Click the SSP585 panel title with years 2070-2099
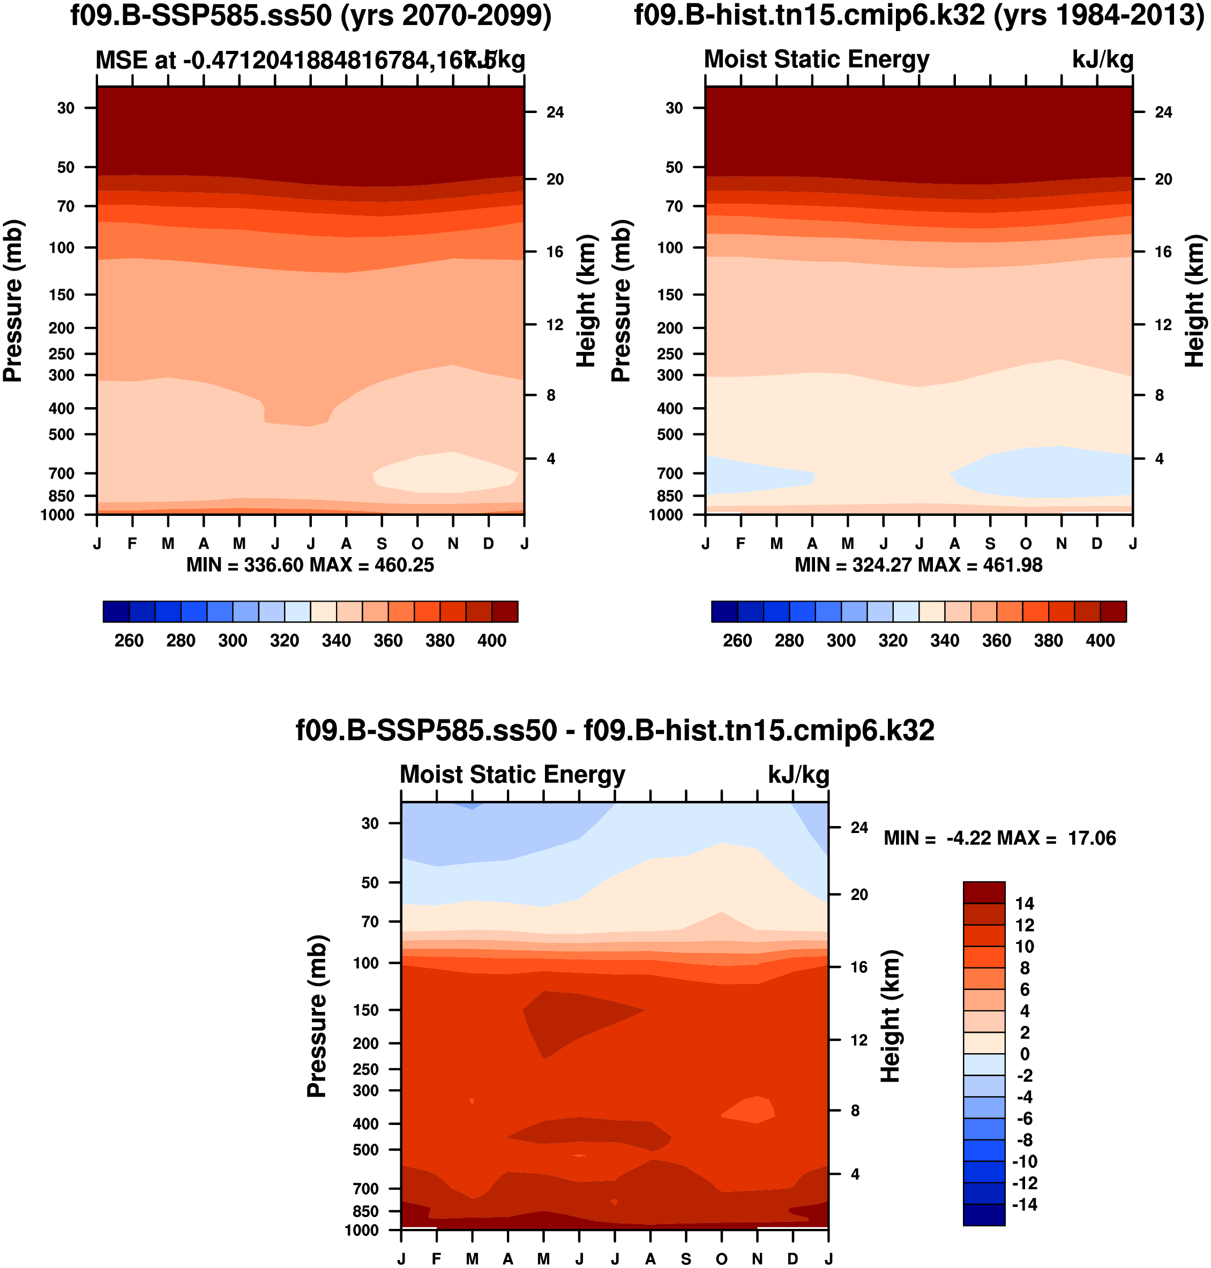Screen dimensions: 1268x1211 click(310, 16)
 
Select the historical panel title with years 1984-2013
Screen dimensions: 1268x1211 click(919, 16)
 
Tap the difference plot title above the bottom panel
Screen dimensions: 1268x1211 click(615, 731)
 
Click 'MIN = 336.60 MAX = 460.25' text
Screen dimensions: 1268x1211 click(310, 565)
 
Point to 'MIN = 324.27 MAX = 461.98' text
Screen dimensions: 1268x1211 click(918, 565)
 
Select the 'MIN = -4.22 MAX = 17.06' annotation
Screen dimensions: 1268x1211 click(999, 838)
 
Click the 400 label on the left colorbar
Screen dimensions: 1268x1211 click(491, 641)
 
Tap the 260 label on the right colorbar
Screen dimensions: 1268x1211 click(737, 641)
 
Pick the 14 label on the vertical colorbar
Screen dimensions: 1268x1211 click(1025, 903)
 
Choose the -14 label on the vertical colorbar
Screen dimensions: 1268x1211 click(1025, 1205)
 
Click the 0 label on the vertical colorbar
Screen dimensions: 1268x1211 click(1025, 1054)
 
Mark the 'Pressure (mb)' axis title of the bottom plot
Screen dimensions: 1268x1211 click(316, 1016)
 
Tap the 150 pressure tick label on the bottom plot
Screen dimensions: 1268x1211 click(365, 1010)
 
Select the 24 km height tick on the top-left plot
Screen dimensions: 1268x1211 click(555, 112)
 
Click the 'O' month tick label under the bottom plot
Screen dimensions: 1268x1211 click(721, 1259)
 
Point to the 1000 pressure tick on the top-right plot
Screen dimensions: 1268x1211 click(666, 515)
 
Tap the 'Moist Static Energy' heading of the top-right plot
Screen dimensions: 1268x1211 click(816, 59)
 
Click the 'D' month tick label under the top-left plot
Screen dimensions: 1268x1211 click(488, 544)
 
